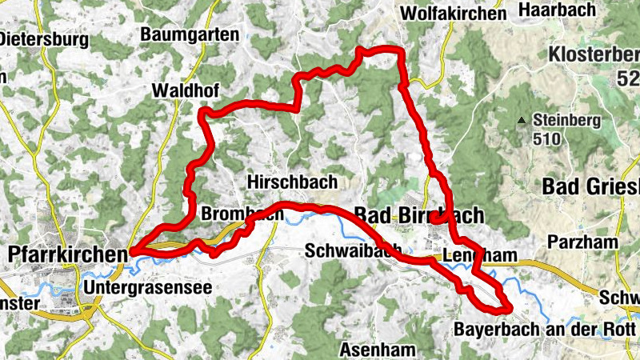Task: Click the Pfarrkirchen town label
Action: (x=66, y=254)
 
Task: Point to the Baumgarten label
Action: (x=189, y=34)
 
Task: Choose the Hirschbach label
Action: (x=292, y=182)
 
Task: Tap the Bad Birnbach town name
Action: (x=418, y=214)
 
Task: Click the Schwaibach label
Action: (x=354, y=251)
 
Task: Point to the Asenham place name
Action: (x=377, y=350)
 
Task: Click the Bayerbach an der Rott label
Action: (x=545, y=330)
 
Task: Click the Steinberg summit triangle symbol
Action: (x=522, y=121)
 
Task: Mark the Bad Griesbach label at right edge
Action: (x=591, y=186)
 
